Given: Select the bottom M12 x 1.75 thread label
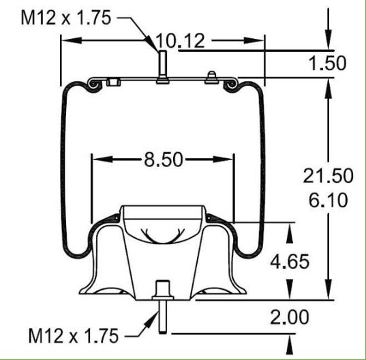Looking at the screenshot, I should [x=73, y=335].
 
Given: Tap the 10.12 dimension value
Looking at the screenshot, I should [x=180, y=42].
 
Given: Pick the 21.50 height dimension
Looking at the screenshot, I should [x=328, y=175].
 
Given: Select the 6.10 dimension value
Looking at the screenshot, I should [x=328, y=200].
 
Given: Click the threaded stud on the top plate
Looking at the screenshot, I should [x=162, y=66].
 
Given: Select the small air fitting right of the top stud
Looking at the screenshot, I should [x=212, y=76].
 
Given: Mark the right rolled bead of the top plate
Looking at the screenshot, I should [x=232, y=84].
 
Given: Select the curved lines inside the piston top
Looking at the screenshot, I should [x=162, y=236].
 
